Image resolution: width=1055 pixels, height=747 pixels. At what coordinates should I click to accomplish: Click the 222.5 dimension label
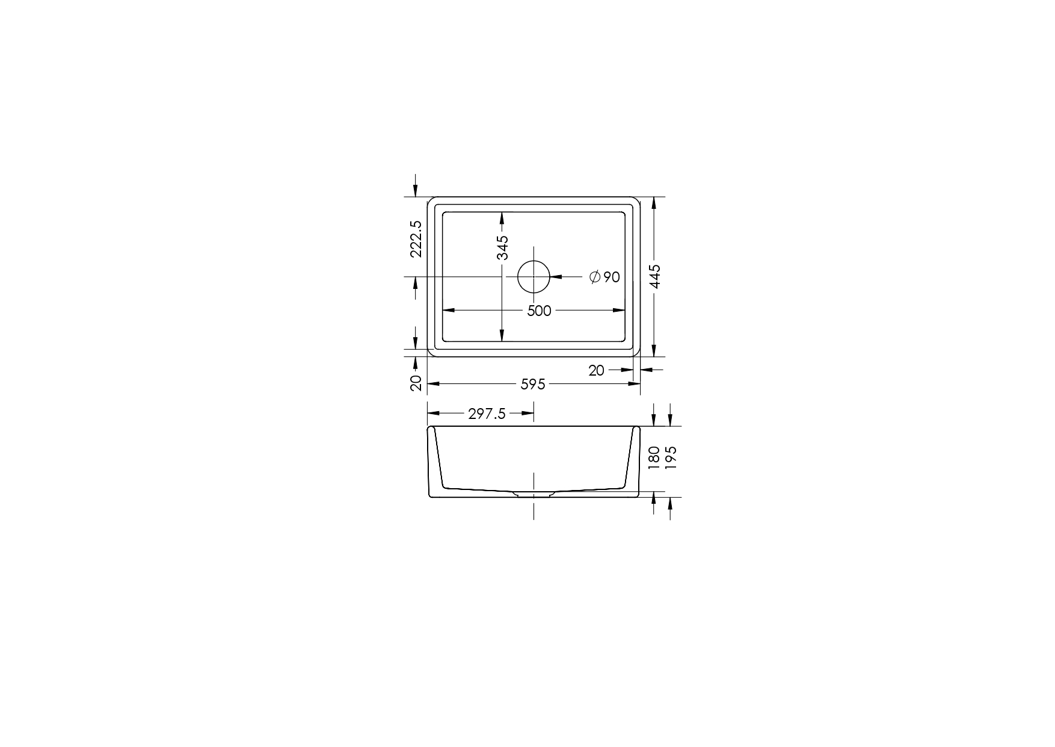click(416, 239)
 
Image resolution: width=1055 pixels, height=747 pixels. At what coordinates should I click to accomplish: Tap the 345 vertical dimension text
click(502, 247)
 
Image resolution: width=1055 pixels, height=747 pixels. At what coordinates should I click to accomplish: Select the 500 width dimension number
click(539, 311)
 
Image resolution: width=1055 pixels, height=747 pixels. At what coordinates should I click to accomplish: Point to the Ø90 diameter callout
click(604, 277)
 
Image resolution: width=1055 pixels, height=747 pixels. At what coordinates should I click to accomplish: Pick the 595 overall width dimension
click(533, 383)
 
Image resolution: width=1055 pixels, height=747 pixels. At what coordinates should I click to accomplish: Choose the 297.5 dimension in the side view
click(487, 414)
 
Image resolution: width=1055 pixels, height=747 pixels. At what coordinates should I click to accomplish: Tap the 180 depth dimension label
click(654, 457)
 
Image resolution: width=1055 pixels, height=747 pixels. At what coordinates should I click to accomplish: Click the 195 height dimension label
click(671, 457)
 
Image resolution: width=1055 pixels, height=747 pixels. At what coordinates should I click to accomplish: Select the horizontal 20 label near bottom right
click(596, 371)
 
